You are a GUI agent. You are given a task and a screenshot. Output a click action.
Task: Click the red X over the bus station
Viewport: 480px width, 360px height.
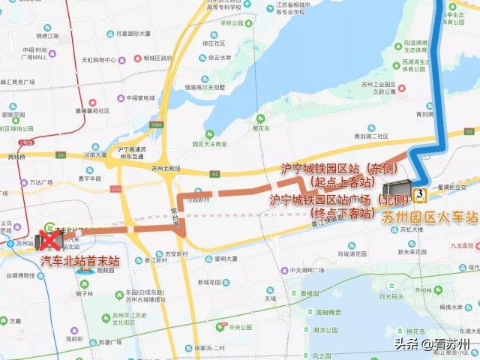[51, 239]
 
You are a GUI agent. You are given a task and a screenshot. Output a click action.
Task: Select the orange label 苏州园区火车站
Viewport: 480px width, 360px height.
[430, 217]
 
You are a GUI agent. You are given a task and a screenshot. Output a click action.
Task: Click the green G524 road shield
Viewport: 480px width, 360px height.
[156, 125]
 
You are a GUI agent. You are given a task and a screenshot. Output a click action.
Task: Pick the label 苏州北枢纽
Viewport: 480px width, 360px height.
[166, 169]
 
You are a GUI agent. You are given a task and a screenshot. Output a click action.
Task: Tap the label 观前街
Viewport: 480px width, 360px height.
[73, 338]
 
